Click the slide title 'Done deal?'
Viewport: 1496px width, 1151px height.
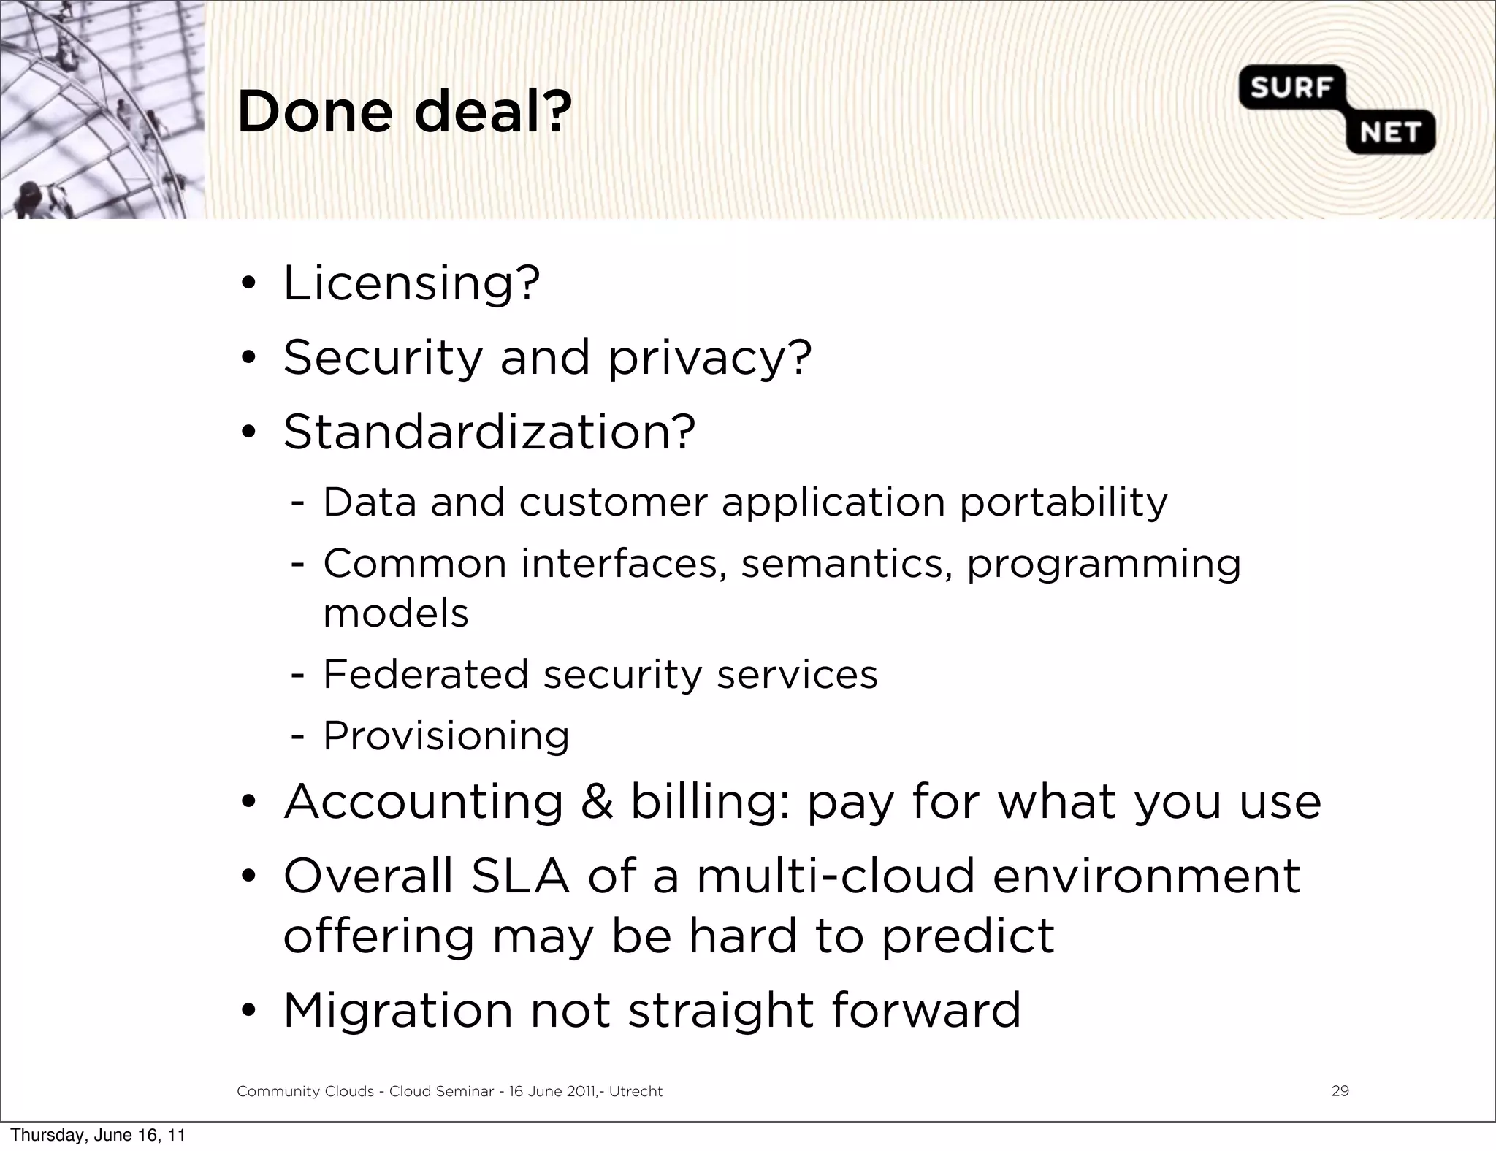click(404, 113)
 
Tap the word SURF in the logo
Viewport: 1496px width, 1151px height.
click(1291, 88)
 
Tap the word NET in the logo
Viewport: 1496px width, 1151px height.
click(1389, 133)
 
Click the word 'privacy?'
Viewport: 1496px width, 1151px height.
click(709, 359)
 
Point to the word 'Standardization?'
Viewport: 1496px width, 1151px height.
click(489, 432)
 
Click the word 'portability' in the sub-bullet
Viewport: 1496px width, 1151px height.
click(1063, 502)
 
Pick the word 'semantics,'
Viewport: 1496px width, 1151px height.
click(847, 565)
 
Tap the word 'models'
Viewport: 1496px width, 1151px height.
click(396, 613)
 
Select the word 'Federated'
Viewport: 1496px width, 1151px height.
click(425, 674)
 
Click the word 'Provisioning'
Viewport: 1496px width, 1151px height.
click(446, 735)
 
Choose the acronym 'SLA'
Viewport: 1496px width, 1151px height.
click(520, 876)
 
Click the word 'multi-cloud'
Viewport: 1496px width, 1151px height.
click(836, 876)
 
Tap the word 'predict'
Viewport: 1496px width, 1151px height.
click(967, 937)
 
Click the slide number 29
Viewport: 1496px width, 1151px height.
click(1340, 1091)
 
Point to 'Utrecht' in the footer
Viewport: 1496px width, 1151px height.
click(636, 1092)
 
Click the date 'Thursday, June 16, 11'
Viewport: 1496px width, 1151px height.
click(98, 1135)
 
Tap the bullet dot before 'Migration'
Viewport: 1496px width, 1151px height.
click(248, 1012)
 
